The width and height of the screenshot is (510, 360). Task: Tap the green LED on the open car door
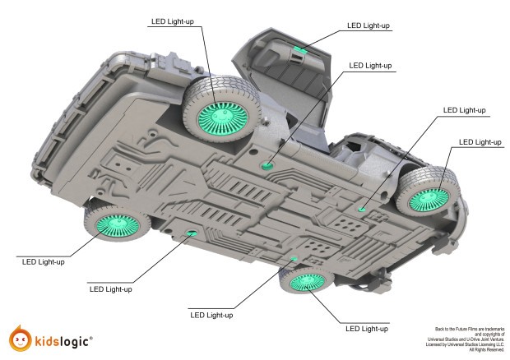point(300,51)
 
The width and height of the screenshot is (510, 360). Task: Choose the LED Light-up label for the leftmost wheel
point(41,262)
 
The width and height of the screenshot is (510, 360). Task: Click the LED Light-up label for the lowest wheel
point(367,329)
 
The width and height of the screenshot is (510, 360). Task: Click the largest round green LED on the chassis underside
point(267,167)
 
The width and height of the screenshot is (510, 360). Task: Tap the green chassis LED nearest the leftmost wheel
point(192,234)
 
